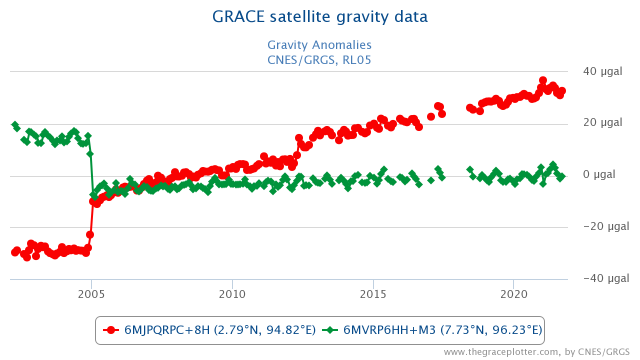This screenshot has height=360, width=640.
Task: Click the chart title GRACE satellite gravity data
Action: coord(320,17)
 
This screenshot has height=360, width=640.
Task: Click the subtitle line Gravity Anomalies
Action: coord(319,45)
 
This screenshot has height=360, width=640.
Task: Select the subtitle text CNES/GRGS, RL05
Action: coord(319,60)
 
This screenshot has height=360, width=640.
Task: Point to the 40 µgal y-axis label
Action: coord(602,71)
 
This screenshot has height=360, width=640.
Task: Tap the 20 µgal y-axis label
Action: coord(602,123)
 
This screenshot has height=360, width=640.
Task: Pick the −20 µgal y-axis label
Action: coord(603,226)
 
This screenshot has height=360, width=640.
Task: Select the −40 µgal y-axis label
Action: coord(603,278)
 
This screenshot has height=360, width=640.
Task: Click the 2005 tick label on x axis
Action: coord(91,293)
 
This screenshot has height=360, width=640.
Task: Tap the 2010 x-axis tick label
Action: coord(232,293)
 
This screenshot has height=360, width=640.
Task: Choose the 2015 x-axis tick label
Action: coord(373,293)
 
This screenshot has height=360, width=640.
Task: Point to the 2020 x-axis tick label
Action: coord(514,293)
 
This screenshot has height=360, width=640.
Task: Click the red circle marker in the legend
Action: coord(111,330)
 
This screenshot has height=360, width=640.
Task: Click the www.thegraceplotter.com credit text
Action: coord(536,352)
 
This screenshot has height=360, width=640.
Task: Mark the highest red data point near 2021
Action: coord(543,80)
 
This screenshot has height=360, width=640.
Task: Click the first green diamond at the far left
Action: coord(15,124)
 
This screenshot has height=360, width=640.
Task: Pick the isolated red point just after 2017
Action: coord(431,116)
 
